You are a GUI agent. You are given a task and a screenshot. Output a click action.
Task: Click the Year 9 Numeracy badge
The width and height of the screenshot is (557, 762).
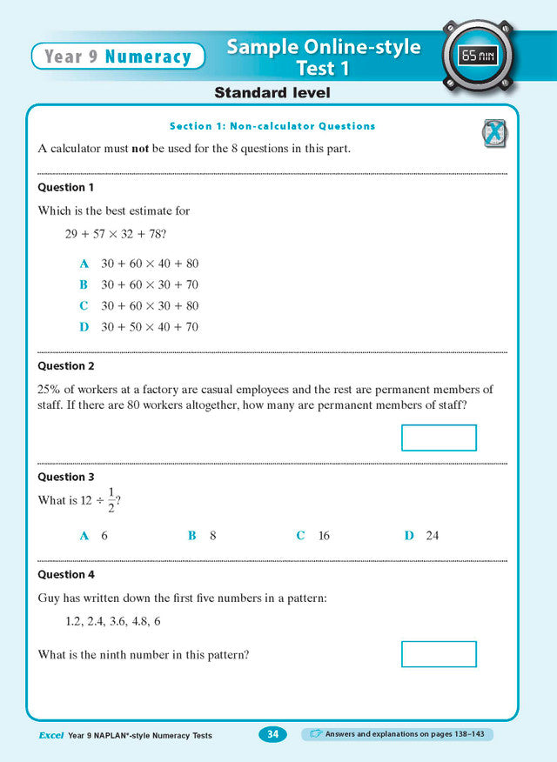(117, 57)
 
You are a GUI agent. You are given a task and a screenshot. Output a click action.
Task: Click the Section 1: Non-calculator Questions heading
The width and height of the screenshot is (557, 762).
(272, 126)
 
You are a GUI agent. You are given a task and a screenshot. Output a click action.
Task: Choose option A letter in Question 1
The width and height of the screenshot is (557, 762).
(84, 264)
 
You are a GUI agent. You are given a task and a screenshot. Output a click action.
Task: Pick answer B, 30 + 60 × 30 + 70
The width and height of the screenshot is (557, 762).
(150, 284)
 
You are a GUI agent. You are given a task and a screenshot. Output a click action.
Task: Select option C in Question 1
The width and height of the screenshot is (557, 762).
(84, 306)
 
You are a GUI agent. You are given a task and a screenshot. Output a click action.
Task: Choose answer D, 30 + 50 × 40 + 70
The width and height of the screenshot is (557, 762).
(150, 327)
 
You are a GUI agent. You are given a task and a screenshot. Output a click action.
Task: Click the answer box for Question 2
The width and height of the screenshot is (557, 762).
(439, 438)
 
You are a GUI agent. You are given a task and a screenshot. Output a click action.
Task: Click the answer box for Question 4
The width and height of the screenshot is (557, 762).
(439, 654)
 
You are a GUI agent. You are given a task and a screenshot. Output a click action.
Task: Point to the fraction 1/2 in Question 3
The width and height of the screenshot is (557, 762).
(111, 500)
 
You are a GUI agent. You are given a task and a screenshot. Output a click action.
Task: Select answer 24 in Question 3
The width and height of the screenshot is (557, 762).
(433, 536)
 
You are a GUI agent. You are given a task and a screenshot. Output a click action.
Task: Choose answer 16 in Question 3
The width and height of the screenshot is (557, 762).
(324, 536)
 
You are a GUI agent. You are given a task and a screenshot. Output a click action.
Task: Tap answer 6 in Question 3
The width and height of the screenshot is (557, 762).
(104, 536)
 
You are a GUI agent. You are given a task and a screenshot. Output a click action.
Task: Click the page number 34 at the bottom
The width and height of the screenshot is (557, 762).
(272, 735)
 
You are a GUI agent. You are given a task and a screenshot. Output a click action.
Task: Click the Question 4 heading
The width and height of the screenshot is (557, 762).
(66, 575)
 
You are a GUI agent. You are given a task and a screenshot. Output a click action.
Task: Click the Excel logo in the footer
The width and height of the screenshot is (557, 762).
(50, 736)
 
